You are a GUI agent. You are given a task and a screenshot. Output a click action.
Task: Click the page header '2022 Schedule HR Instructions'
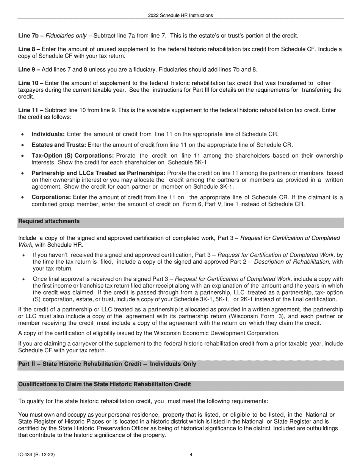point(180,16)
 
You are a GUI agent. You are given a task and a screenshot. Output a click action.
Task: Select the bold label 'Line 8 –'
point(29,49)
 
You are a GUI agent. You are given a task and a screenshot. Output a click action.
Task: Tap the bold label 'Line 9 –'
point(29,69)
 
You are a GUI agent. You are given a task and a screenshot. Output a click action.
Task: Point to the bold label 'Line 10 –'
point(31,83)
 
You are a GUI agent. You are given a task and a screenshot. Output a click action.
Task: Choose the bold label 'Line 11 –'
point(31,110)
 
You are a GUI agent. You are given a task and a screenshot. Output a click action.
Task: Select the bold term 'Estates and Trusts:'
point(59,145)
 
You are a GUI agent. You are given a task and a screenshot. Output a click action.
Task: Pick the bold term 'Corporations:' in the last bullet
point(51,197)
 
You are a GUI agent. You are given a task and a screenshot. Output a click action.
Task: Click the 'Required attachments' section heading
point(49,221)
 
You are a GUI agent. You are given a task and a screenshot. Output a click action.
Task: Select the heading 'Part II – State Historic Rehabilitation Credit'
point(107,364)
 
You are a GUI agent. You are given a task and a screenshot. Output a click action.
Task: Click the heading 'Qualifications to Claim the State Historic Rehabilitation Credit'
point(105,384)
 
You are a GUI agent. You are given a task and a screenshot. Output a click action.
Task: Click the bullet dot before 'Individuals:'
point(23,134)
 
